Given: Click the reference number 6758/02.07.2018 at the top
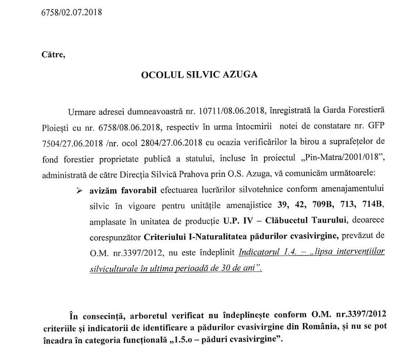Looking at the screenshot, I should [x=71, y=11].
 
